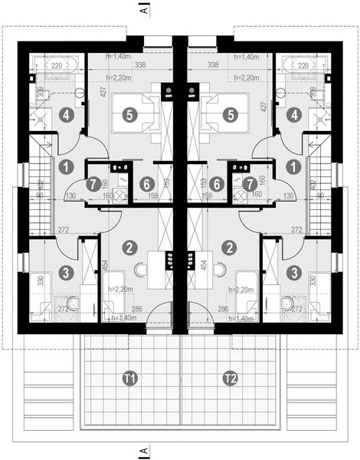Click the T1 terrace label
coord(130,378)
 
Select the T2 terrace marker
coord(230,378)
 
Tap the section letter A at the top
coord(143,11)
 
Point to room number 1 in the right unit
coord(293,165)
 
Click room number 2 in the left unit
coord(131,248)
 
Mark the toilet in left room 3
coord(73,304)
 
